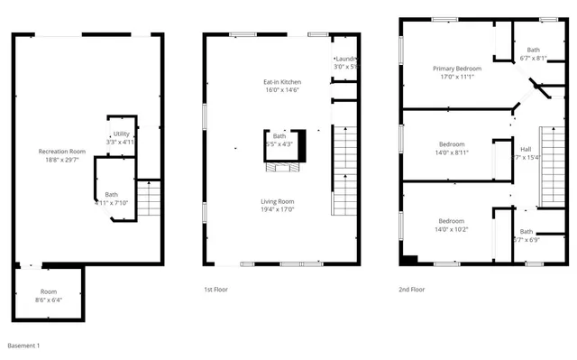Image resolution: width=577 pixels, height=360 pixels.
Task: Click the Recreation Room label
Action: pyautogui.click(x=62, y=151)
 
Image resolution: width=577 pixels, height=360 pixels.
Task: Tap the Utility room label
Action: pyautogui.click(x=121, y=134)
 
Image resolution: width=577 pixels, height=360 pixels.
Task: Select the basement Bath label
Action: pyautogui.click(x=112, y=194)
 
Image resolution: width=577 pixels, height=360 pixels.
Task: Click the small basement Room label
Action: pyautogui.click(x=48, y=291)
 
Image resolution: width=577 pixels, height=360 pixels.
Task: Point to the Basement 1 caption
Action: pyautogui.click(x=23, y=346)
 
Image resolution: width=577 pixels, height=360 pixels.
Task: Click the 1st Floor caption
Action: pyautogui.click(x=215, y=290)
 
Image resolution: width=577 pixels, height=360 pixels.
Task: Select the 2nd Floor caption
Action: pyautogui.click(x=411, y=290)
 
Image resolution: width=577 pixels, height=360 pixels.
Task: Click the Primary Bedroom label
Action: pyautogui.click(x=456, y=69)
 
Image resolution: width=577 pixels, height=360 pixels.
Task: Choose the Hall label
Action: pyautogui.click(x=526, y=149)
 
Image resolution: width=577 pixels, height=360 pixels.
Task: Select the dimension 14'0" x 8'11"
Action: pyautogui.click(x=452, y=152)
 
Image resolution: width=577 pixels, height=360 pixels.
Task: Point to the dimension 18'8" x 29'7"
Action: pyautogui.click(x=62, y=159)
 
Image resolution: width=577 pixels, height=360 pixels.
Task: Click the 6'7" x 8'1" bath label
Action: pyautogui.click(x=534, y=54)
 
